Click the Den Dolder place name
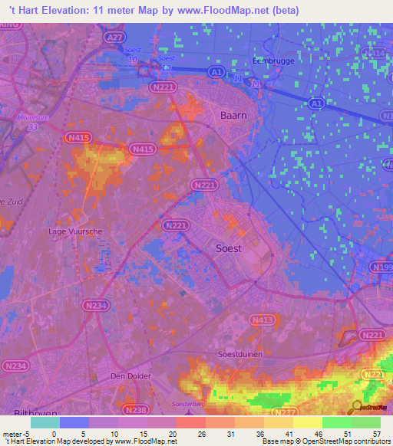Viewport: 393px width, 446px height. click(131, 376)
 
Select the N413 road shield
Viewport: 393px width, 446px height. click(262, 320)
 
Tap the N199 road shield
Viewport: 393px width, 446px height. click(382, 266)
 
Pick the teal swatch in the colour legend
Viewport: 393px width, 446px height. click(45, 422)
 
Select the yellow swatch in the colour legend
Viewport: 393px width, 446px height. click(308, 422)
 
